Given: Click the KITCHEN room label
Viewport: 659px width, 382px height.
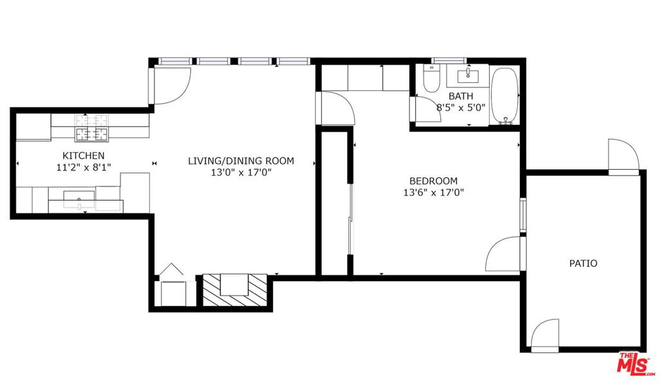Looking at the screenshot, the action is click(84, 156).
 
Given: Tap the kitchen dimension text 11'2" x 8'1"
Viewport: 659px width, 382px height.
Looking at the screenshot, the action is click(84, 167).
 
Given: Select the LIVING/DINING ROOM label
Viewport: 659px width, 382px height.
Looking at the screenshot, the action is click(241, 161).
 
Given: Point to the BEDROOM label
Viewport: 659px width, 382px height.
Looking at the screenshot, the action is click(433, 181).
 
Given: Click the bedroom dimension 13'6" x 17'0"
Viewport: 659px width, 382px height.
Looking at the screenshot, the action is click(433, 193).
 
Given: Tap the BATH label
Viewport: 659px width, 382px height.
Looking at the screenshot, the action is click(461, 96).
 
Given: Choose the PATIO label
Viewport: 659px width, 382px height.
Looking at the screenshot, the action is click(583, 264).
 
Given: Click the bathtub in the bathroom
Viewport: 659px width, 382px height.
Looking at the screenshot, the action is click(505, 96).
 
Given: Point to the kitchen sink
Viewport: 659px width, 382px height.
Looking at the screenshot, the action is click(79, 199).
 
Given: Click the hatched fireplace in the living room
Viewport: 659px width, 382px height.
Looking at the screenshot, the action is click(235, 289).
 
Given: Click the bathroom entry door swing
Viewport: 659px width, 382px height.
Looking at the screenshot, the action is click(428, 109).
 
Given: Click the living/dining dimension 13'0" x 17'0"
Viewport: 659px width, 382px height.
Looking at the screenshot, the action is click(241, 172).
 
